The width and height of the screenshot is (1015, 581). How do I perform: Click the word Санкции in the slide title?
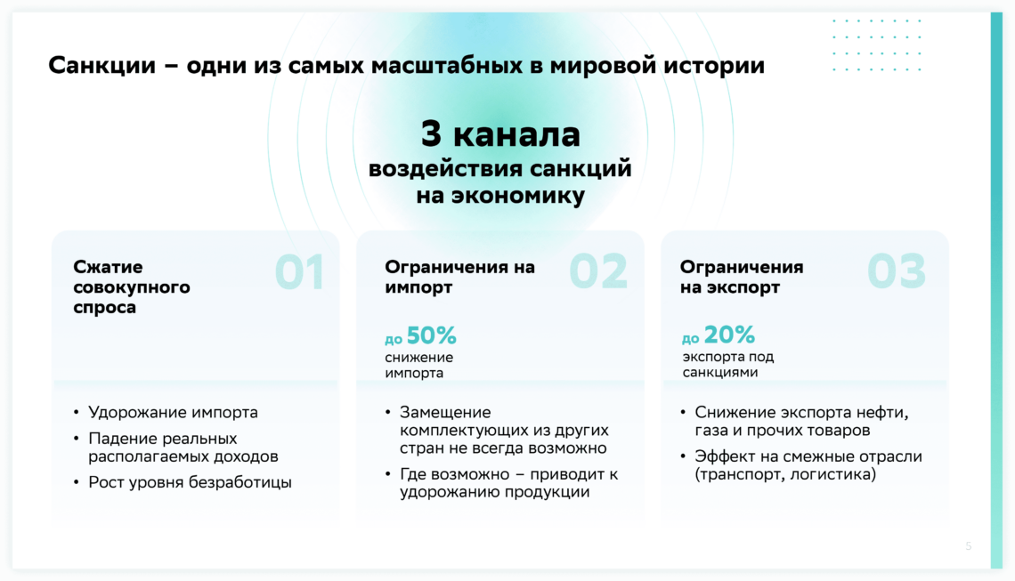(x=102, y=66)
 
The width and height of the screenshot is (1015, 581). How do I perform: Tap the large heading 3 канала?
(x=500, y=134)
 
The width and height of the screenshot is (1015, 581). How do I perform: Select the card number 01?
(x=299, y=271)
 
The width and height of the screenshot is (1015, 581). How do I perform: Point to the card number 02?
(x=598, y=271)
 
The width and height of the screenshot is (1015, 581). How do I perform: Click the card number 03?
(x=897, y=271)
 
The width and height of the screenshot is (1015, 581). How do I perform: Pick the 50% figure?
(x=431, y=335)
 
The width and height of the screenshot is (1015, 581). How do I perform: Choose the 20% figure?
(x=729, y=335)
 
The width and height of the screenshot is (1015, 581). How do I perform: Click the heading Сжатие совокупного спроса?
(x=132, y=286)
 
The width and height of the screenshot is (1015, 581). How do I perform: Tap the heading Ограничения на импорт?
(x=459, y=277)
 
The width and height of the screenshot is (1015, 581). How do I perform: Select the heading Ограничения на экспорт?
(x=741, y=277)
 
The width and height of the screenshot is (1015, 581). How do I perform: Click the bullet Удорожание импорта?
(x=173, y=412)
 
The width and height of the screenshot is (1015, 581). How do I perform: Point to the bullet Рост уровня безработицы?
(x=190, y=482)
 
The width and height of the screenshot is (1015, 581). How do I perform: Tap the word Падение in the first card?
(x=118, y=439)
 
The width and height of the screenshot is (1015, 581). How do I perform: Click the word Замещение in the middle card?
(x=445, y=412)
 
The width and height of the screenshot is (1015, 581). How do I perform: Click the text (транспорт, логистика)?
(x=785, y=474)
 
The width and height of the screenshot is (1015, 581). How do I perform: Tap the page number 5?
(x=969, y=546)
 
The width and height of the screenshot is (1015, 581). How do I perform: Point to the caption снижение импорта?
(x=418, y=365)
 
